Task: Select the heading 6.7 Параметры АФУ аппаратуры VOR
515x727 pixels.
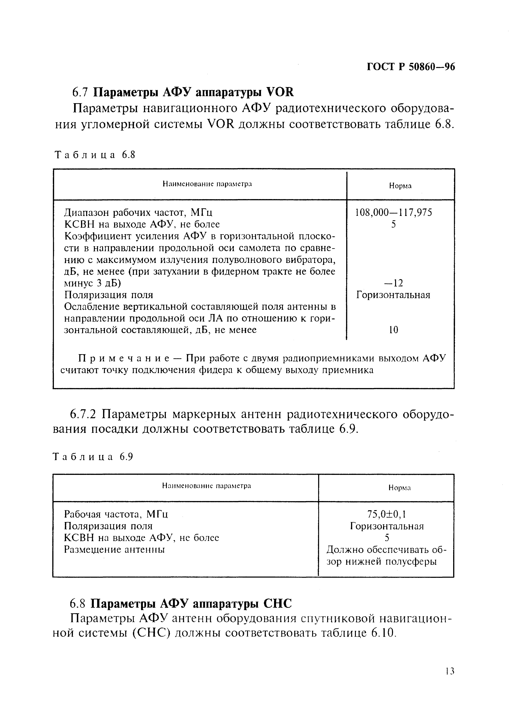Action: click(x=183, y=92)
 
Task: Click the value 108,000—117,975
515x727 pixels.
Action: click(x=393, y=212)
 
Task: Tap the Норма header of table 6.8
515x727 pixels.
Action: click(x=400, y=186)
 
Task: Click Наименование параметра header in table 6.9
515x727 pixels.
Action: click(x=206, y=486)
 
